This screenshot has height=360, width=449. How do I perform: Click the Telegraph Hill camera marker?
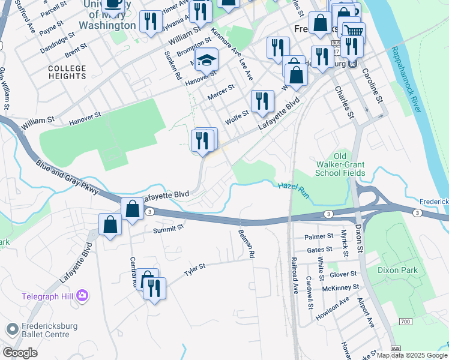click(x=82, y=296)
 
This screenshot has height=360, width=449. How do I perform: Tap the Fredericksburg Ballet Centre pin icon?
click(x=12, y=329)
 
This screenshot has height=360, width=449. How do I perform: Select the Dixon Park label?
click(x=397, y=271)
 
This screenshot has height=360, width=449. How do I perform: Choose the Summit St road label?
click(x=167, y=229)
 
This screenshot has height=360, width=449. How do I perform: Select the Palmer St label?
click(x=318, y=237)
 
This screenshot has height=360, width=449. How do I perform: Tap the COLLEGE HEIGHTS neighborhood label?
click(x=67, y=73)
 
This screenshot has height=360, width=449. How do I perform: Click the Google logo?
click(x=20, y=353)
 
